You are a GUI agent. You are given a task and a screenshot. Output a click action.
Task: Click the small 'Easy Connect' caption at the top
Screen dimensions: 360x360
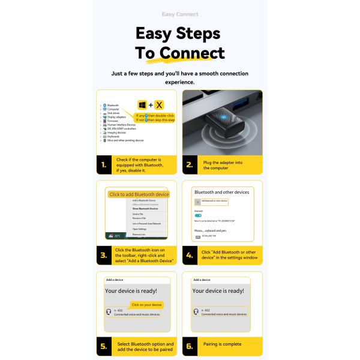point(180,14)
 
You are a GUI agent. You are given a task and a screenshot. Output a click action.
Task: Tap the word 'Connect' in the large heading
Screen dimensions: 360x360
point(188,53)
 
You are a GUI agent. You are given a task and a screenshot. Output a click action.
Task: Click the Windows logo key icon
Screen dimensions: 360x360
point(142,105)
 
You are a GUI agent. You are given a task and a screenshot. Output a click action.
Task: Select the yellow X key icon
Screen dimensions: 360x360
point(159,105)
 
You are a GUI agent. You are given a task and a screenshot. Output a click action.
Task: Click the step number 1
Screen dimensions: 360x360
point(104,164)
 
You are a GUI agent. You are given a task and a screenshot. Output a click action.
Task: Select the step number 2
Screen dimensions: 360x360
point(190,164)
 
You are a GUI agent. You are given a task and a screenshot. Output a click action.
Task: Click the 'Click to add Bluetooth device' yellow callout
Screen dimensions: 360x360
point(139,194)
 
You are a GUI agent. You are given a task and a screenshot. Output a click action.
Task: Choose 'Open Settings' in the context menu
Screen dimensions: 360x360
point(139,229)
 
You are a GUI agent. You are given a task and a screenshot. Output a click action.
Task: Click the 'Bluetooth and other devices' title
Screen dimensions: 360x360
point(220,192)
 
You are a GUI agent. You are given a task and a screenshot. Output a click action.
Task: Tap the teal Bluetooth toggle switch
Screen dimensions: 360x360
point(199,215)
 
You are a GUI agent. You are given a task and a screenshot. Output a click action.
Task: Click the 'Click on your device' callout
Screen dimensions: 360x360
point(146,305)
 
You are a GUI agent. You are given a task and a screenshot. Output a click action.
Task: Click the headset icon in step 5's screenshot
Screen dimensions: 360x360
point(108,312)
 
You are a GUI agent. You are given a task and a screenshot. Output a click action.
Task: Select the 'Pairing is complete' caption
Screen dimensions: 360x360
point(222,344)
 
